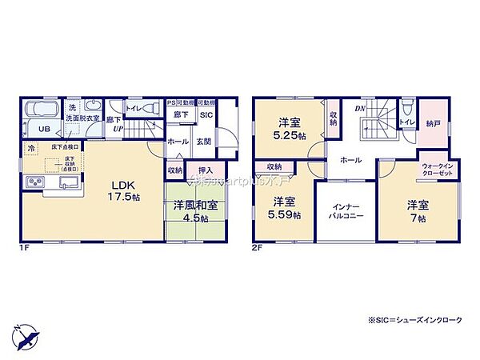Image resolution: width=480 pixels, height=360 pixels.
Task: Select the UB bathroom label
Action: click(45, 129)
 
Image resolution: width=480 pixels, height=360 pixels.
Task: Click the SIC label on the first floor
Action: click(206, 115)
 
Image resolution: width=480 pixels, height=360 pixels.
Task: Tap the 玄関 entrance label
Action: click(204, 142)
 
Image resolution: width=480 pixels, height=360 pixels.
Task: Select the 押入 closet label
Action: click(205, 170)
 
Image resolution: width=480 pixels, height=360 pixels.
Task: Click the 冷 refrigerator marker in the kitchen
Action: click(31, 149)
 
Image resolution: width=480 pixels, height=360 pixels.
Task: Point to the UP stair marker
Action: click(118, 129)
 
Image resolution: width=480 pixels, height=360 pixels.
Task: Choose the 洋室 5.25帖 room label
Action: click(290, 129)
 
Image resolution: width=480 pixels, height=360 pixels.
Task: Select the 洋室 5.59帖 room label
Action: click(286, 208)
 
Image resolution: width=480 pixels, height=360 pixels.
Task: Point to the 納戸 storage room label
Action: click(432, 124)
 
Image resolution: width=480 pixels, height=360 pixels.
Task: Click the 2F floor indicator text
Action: click(258, 247)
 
